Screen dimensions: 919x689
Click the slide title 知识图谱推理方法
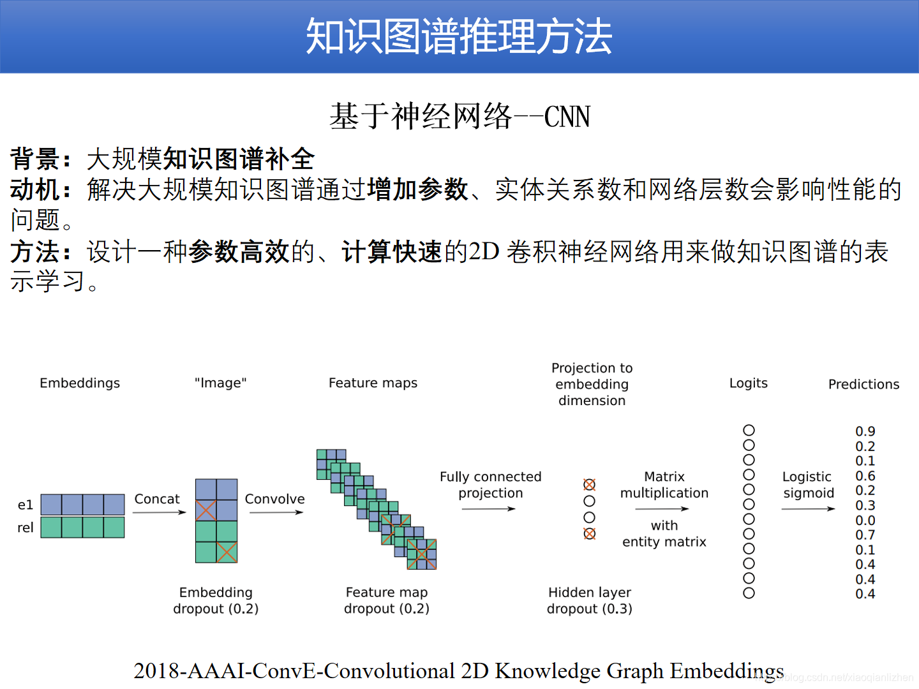click(x=459, y=36)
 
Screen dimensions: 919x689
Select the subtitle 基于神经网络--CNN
click(x=459, y=117)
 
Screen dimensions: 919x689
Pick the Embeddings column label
click(x=80, y=383)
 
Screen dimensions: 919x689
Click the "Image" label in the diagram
click(x=220, y=383)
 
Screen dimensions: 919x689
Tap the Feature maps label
click(x=373, y=383)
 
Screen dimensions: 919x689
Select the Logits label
click(x=748, y=383)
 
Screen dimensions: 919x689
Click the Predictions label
click(x=863, y=384)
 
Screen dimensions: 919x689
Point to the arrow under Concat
click(x=159, y=512)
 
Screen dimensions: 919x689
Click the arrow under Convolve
click(x=276, y=512)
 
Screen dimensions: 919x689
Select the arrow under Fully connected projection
click(x=488, y=508)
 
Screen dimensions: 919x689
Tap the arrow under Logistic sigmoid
click(x=808, y=508)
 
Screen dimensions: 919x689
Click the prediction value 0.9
click(x=865, y=431)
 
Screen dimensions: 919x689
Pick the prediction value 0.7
click(x=865, y=535)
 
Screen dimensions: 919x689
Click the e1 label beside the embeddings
click(x=26, y=505)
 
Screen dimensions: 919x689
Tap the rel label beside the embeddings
click(x=26, y=528)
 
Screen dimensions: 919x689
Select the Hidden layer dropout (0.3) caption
click(x=589, y=600)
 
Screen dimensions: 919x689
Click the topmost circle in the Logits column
click(x=749, y=431)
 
